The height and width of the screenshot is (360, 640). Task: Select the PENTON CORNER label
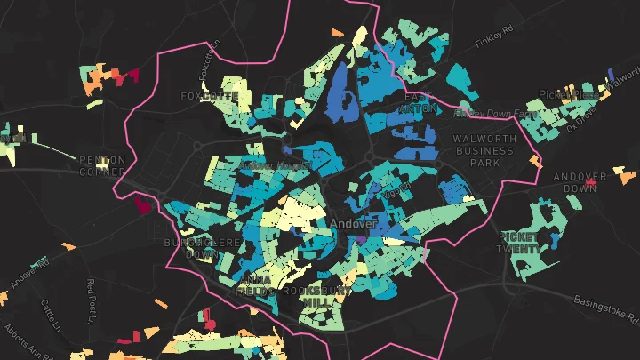click(x=103, y=165)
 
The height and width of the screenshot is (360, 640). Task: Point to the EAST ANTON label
click(x=418, y=102)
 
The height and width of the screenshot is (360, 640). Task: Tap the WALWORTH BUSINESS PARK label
click(x=484, y=151)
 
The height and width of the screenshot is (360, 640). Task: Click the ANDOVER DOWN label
click(x=580, y=182)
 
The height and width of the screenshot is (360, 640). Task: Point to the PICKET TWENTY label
click(x=518, y=242)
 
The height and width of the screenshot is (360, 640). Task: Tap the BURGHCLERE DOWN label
click(x=190, y=247)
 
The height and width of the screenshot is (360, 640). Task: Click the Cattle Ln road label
click(x=48, y=315)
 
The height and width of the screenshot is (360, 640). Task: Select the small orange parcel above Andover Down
click(x=535, y=161)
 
